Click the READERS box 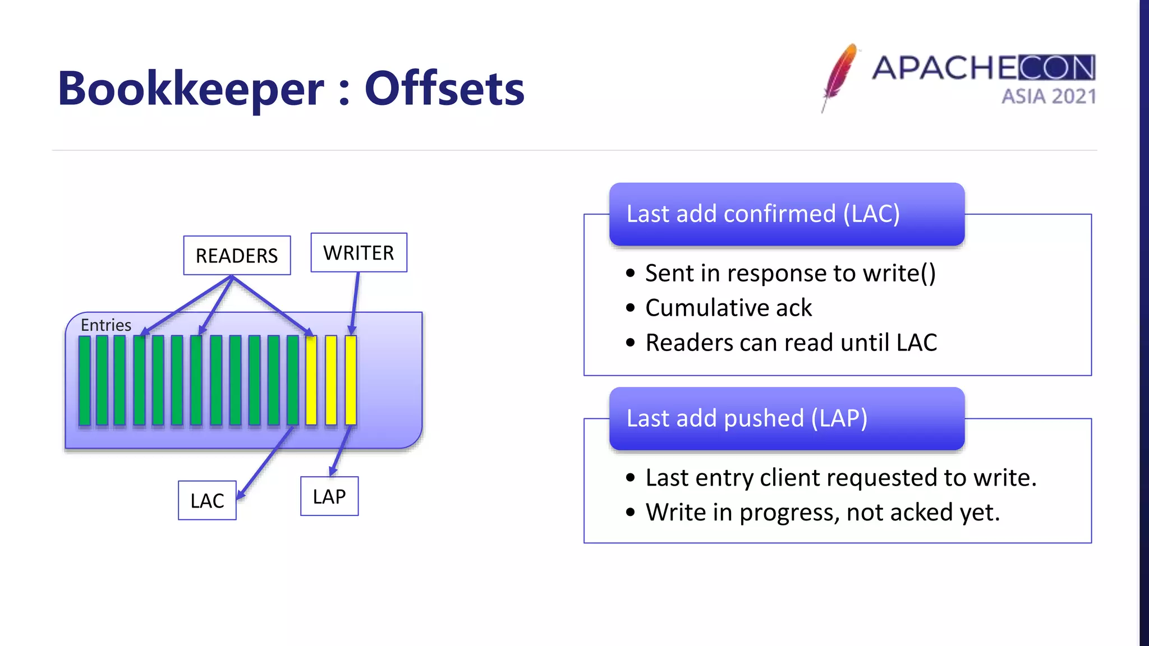point(237,256)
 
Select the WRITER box point(359,253)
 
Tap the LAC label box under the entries point(207,500)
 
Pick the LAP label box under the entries point(329,496)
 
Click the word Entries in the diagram point(105,325)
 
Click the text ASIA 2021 point(1048,96)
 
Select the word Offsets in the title point(444,89)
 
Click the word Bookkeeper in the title point(191,89)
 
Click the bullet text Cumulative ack point(728,308)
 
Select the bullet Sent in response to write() point(790,273)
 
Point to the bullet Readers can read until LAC point(790,343)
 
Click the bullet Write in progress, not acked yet point(822,513)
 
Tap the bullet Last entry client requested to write point(840,478)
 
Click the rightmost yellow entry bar point(351,380)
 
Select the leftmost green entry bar point(85,380)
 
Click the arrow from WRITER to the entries point(355,300)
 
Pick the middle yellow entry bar point(331,380)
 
